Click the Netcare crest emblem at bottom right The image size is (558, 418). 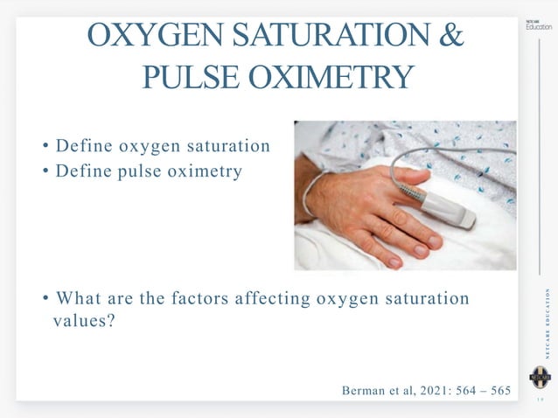pos(540,376)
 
